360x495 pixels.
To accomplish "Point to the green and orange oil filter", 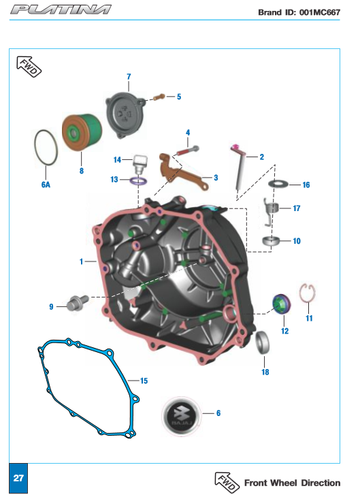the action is click(82, 133).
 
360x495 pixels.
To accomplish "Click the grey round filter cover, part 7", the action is click(125, 114).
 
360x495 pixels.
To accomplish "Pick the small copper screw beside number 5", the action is click(159, 97).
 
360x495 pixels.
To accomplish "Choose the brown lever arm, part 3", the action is click(183, 172).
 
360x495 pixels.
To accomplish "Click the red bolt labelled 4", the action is click(188, 150).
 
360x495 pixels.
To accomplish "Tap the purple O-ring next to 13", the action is click(139, 182).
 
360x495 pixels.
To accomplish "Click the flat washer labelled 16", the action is click(278, 183).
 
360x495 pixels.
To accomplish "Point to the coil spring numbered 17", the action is click(271, 212).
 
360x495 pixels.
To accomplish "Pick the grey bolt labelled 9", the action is click(77, 303).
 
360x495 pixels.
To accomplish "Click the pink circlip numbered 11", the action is click(301, 297).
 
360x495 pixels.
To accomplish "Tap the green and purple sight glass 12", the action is click(282, 304).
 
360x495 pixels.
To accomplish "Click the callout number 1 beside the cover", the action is click(81, 261).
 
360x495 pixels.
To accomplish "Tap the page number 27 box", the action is click(18, 478).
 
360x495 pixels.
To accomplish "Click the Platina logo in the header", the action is click(61, 10).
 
